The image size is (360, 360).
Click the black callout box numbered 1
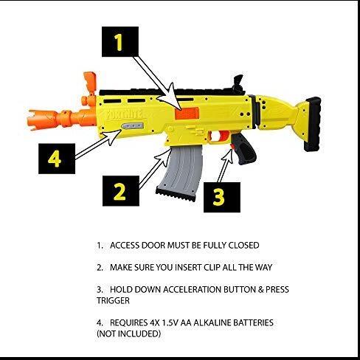[119, 44]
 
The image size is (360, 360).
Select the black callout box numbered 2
[118, 191]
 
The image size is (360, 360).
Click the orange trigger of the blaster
[217, 137]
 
